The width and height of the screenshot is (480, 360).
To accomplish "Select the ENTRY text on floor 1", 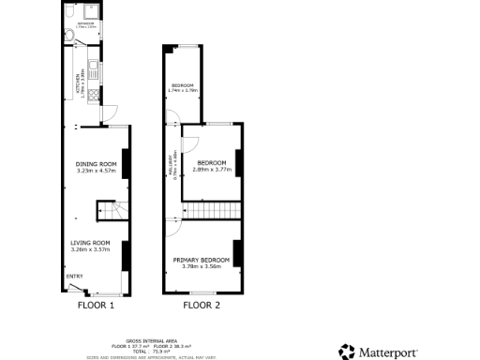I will coord(74,276).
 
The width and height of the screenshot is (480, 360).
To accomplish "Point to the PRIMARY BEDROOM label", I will coord(202,259).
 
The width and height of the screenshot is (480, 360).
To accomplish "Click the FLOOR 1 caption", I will coord(95,305).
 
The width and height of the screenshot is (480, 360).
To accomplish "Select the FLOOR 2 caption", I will coord(202,305).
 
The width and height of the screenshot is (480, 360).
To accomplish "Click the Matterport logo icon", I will coord(348,352).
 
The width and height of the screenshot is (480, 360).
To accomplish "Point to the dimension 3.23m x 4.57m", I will coord(95,172).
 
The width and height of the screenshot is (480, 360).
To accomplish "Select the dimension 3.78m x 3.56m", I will coord(202,266).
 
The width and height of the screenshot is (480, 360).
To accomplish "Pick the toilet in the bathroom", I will coord(71,38).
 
